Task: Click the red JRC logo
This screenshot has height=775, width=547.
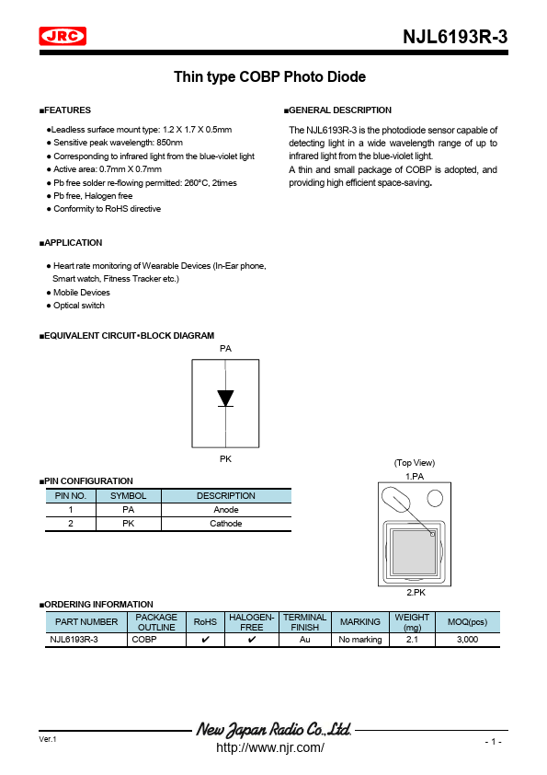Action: pos(63,36)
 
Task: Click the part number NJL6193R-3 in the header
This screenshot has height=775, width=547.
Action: pos(455,37)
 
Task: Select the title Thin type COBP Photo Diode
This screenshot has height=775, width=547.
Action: pos(269,77)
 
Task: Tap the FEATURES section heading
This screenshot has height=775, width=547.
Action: pos(65,110)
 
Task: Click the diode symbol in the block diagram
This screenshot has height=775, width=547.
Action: pos(225,399)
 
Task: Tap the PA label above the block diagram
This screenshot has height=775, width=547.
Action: pos(225,349)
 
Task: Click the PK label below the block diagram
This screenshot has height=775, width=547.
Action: pos(225,457)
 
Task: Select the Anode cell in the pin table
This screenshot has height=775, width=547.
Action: pos(225,510)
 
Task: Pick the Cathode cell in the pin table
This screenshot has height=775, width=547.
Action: pos(225,524)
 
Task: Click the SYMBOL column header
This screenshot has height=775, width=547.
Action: pos(128,496)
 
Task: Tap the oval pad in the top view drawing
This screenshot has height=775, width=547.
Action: pos(398,502)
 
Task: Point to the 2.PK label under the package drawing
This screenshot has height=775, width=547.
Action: pos(415,594)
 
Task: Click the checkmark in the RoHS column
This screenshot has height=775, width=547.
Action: pos(205,639)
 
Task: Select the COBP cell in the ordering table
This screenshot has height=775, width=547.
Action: pos(144,639)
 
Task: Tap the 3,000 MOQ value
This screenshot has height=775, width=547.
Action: pos(467,639)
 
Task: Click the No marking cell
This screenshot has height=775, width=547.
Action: pos(359,639)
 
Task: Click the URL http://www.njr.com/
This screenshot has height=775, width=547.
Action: pos(269,747)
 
